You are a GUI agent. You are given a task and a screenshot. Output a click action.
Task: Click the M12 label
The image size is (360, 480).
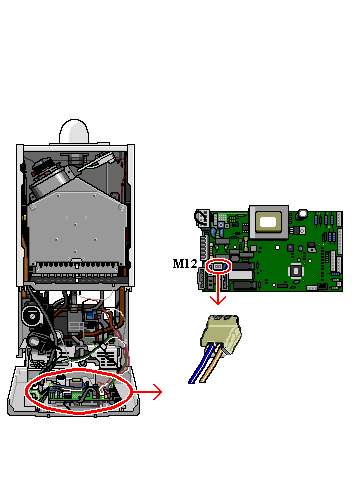[185, 264]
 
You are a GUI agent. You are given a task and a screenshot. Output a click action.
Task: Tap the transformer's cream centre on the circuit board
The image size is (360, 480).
[268, 222]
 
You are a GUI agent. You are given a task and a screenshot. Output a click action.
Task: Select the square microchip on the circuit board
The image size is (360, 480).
[296, 270]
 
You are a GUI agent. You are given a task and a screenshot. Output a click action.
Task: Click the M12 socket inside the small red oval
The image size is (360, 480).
[218, 266]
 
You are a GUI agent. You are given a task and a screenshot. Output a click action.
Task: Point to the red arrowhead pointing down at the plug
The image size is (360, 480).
[218, 300]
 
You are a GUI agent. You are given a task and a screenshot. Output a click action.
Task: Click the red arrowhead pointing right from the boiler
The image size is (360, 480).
[157, 392]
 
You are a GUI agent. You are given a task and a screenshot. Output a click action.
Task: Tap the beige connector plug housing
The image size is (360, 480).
[221, 334]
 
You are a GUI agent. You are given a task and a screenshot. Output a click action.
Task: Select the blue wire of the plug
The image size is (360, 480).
[201, 364]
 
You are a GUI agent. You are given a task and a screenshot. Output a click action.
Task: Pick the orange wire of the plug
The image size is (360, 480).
[211, 365]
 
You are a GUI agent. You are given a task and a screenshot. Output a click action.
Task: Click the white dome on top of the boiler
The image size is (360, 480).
[74, 131]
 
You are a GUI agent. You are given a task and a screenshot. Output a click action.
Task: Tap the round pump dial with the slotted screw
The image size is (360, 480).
[32, 316]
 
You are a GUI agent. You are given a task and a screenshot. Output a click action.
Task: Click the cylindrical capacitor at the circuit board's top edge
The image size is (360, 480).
[302, 214]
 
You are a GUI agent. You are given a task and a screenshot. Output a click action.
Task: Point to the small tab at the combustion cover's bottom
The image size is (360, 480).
[76, 260]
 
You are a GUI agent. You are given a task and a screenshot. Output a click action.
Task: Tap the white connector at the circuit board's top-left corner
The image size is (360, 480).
[202, 218]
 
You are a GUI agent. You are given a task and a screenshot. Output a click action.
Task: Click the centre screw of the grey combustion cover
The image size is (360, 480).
[75, 224]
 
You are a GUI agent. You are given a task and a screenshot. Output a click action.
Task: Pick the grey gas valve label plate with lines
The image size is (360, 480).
[76, 326]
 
